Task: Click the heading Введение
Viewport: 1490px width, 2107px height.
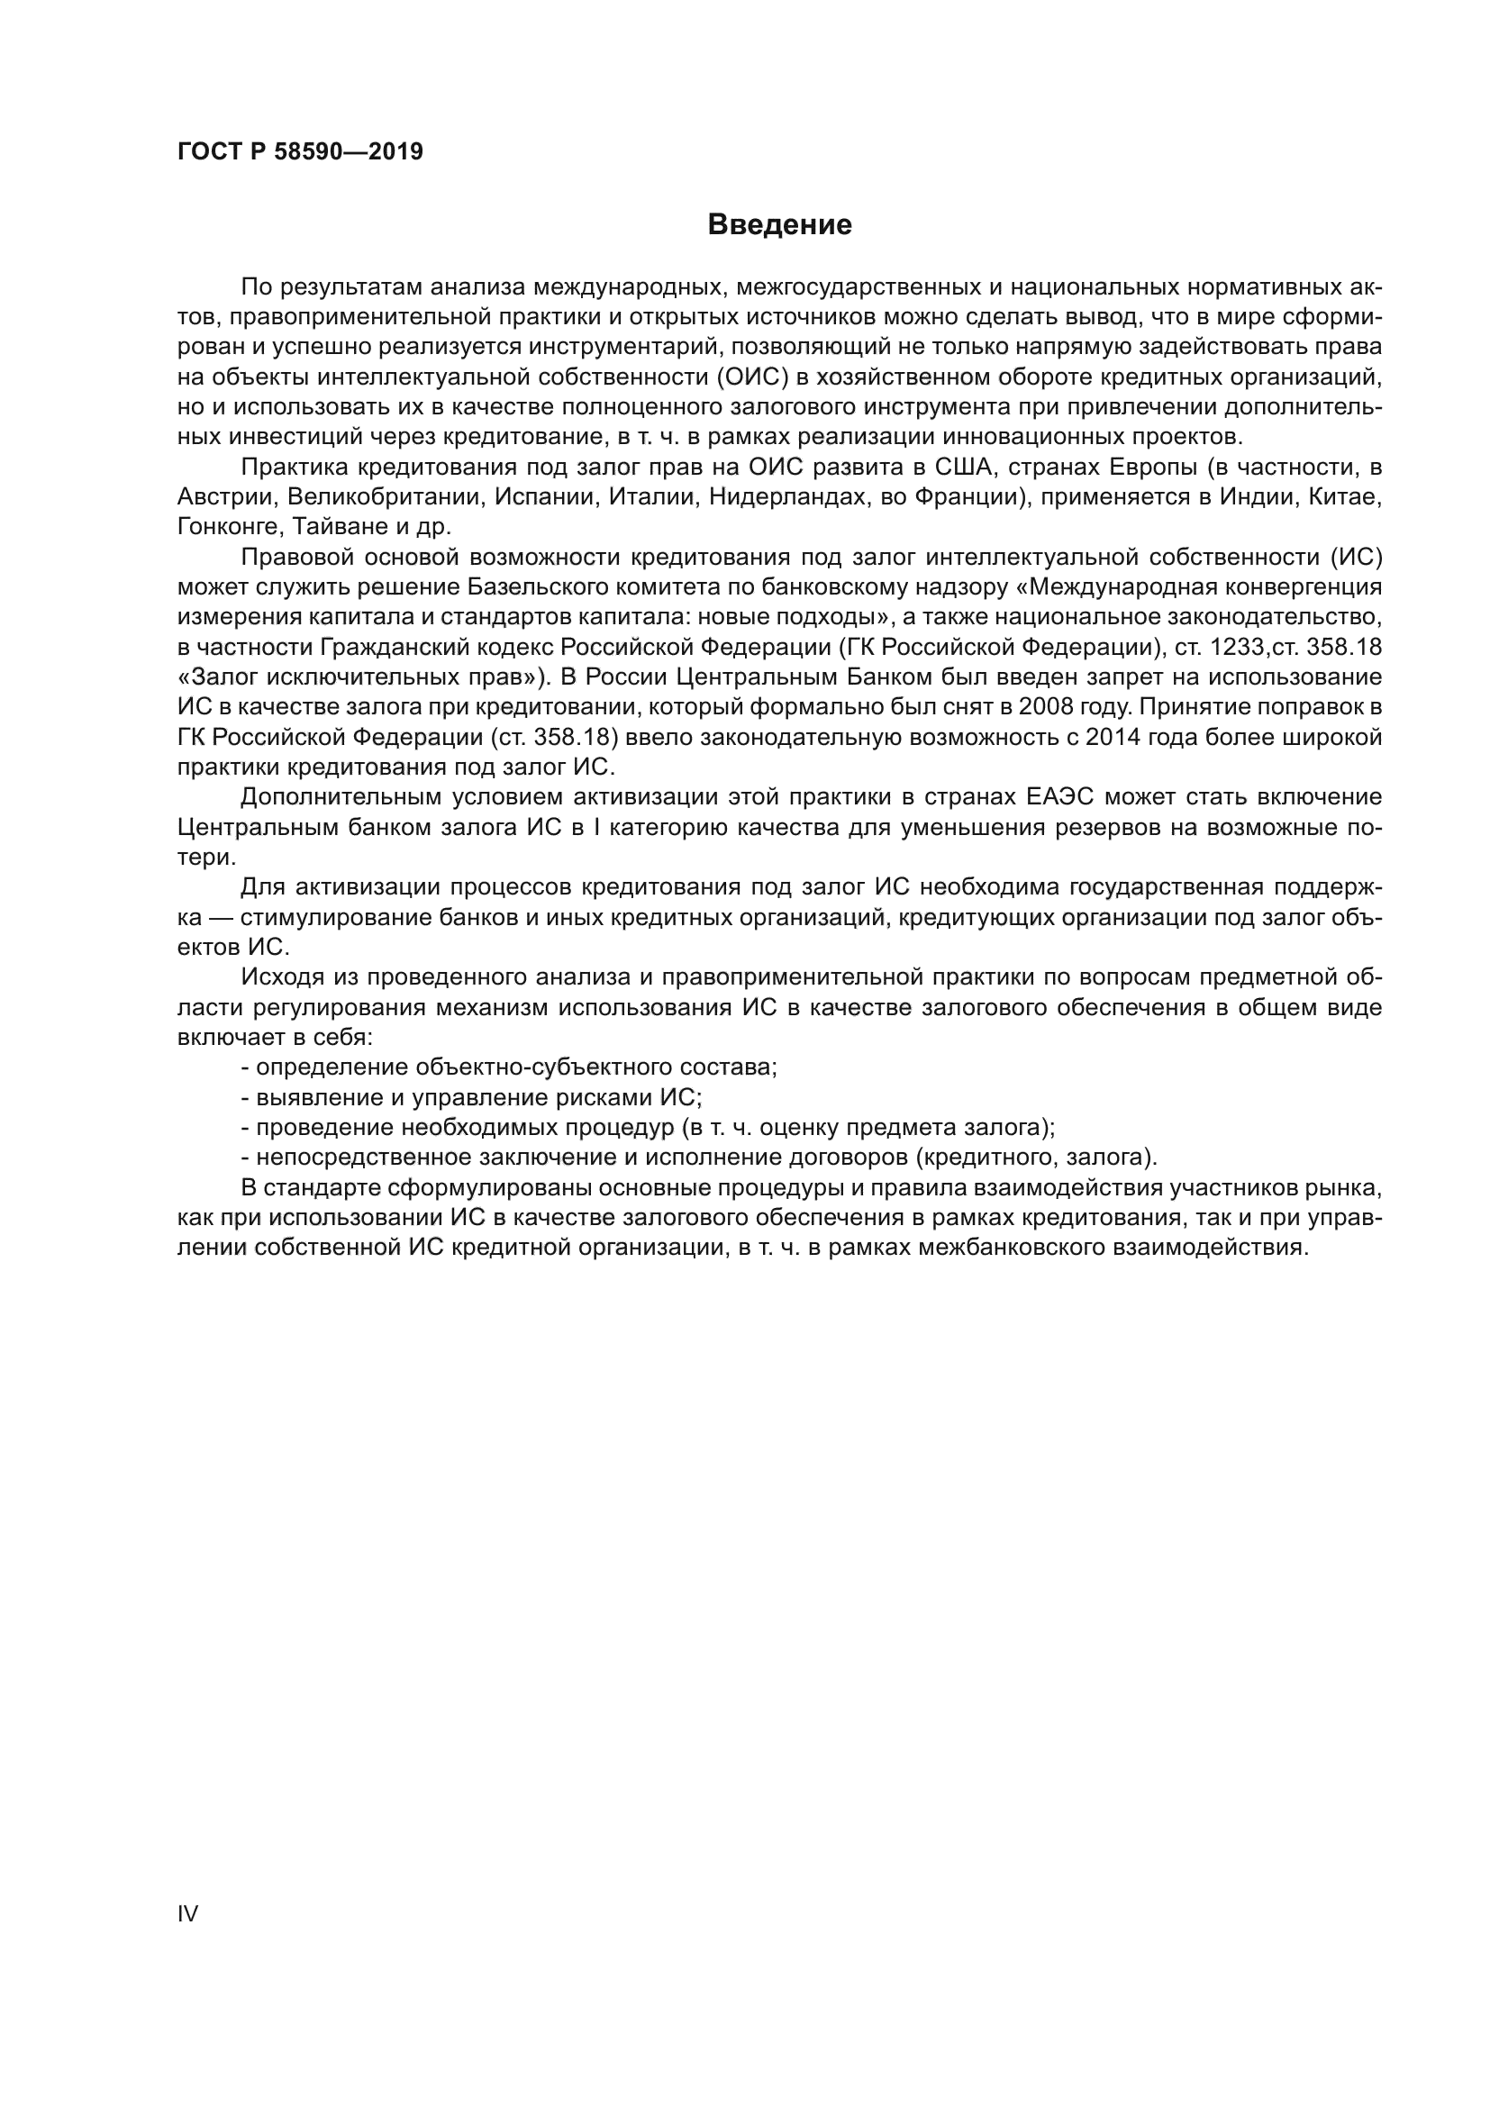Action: [779, 225]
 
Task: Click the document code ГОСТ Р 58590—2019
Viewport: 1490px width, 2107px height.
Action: [300, 151]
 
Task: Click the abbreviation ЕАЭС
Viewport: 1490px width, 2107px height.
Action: [1068, 796]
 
